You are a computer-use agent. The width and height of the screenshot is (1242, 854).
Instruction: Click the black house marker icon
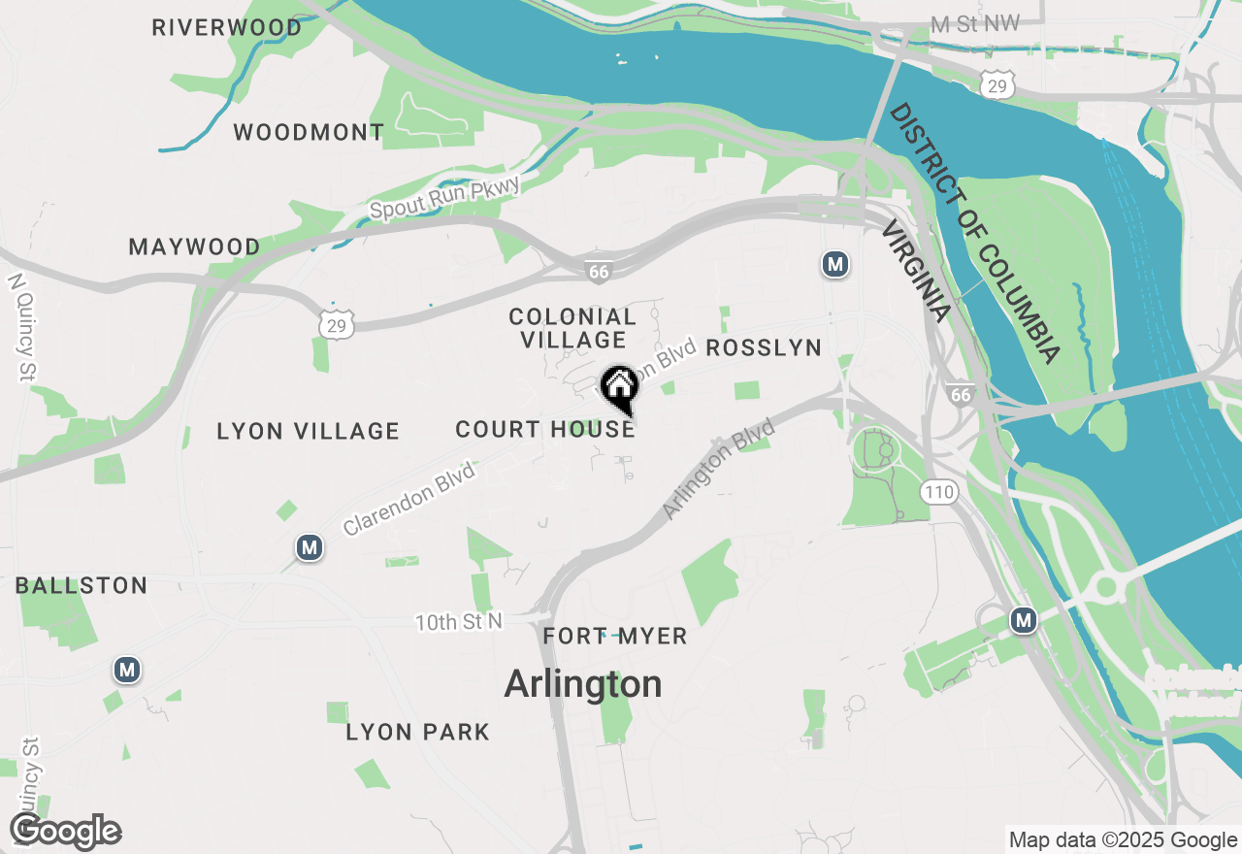click(619, 388)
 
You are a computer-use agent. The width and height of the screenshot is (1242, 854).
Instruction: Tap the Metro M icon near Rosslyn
click(834, 264)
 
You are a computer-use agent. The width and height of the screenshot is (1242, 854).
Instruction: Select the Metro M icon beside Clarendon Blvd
click(310, 548)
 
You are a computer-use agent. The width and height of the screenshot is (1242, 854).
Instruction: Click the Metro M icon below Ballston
click(126, 670)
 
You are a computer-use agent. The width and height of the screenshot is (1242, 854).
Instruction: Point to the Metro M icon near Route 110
click(1023, 619)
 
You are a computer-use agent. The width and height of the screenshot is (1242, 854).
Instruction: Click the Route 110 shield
click(939, 492)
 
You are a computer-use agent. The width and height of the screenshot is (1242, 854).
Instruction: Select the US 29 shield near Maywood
click(336, 324)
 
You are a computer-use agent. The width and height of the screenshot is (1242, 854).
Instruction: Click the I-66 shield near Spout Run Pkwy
click(599, 272)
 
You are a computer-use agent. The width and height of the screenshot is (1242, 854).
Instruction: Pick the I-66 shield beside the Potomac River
click(961, 394)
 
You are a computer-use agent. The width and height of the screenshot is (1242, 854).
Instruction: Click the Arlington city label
click(583, 684)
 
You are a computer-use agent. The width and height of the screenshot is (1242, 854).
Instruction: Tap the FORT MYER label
click(615, 637)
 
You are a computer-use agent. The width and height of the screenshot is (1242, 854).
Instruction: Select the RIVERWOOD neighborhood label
click(227, 28)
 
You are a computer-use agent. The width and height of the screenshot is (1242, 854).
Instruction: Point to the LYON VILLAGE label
click(308, 431)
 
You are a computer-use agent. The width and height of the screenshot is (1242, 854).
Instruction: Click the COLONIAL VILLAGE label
click(572, 328)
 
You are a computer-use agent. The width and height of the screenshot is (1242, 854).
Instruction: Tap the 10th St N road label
click(459, 622)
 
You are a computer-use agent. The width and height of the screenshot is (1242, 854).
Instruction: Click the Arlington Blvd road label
click(719, 469)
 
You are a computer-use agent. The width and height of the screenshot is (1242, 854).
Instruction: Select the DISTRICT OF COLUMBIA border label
click(975, 233)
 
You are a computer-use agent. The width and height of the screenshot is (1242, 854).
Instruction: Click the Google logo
click(65, 832)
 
